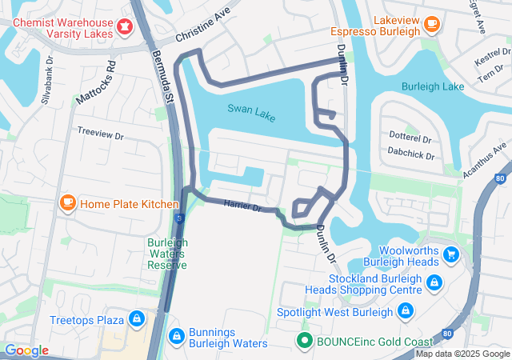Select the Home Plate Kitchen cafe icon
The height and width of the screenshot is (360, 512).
pyautogui.click(x=68, y=203)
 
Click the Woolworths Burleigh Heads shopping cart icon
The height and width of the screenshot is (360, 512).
pyautogui.click(x=451, y=254)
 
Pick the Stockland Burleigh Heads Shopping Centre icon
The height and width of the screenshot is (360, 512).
pyautogui.click(x=434, y=282)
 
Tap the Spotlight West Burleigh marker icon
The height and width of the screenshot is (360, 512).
pyautogui.click(x=406, y=310)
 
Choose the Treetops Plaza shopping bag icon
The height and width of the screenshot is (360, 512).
pyautogui.click(x=137, y=319)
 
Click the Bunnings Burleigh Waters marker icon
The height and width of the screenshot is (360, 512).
pyautogui.click(x=176, y=335)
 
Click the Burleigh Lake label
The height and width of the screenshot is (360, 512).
pyautogui.click(x=433, y=86)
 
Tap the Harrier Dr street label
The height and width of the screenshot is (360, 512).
pyautogui.click(x=243, y=207)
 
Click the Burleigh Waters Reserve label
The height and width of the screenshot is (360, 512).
pyautogui.click(x=167, y=254)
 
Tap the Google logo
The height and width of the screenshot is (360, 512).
pyautogui.click(x=26, y=350)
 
